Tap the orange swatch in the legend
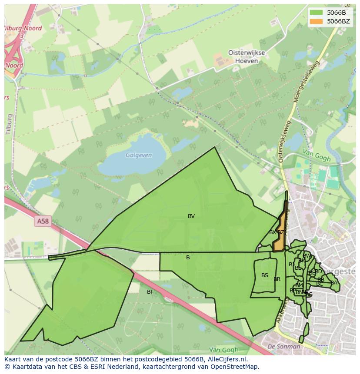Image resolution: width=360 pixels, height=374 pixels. click(x=317, y=21)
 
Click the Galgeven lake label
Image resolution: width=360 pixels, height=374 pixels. click(x=139, y=155)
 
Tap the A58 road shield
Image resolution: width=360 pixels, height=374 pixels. click(x=43, y=222)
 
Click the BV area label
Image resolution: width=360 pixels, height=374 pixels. click(x=191, y=216)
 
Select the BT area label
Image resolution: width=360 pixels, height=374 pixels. click(x=150, y=292)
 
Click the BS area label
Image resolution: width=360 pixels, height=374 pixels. click(x=265, y=275)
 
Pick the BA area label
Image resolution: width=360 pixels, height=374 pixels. click(x=334, y=283)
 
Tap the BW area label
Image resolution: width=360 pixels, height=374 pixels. click(x=307, y=256)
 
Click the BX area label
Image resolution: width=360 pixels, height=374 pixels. click(x=273, y=232)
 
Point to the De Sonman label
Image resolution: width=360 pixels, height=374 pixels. click(x=284, y=347)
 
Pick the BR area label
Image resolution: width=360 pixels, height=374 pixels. click(x=277, y=279)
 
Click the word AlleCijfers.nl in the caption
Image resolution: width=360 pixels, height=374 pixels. click(x=227, y=359)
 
